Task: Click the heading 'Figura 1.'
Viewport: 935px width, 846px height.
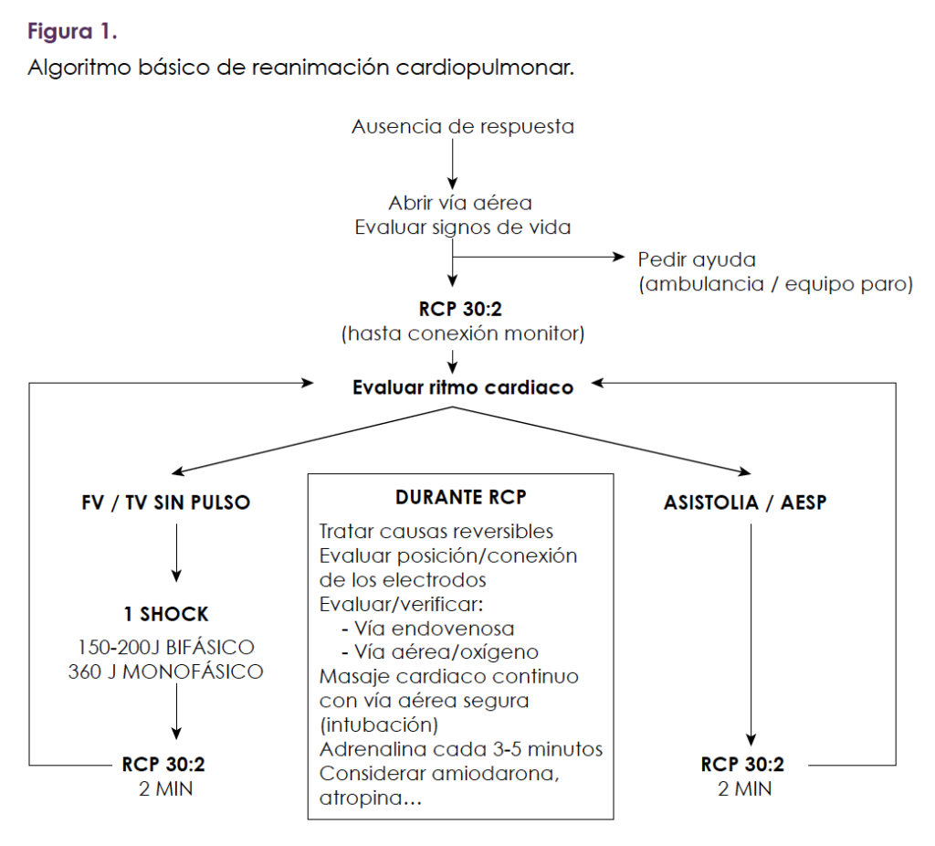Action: click(72, 31)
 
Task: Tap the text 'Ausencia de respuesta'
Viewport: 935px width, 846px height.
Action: click(463, 127)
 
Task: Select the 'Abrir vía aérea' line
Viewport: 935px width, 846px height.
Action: click(460, 203)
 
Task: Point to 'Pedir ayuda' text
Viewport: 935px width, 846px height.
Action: click(697, 260)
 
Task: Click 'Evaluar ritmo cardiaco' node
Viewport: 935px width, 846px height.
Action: click(463, 387)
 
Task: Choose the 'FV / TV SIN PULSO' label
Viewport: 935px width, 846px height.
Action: click(166, 502)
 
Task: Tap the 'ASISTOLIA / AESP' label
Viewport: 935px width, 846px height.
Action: click(745, 502)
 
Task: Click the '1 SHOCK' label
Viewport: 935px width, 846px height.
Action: click(166, 614)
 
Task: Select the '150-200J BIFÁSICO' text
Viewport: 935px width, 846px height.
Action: click(166, 648)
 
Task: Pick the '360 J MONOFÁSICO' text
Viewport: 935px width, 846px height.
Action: click(166, 672)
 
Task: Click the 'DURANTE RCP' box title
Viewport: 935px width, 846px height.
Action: click(461, 497)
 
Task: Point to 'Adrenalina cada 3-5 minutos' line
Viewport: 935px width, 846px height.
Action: click(461, 749)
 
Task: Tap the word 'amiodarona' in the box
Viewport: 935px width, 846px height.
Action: click(494, 774)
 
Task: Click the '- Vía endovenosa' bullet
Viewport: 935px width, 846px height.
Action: click(427, 629)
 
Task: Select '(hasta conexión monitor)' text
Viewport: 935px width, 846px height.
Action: click(463, 333)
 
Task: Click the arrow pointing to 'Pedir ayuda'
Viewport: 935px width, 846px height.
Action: click(539, 257)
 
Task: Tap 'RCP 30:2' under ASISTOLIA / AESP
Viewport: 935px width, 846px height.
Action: click(742, 765)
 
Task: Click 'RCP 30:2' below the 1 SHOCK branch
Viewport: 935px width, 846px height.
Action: click(163, 765)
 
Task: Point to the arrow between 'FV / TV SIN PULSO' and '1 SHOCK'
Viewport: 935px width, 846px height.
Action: click(176, 553)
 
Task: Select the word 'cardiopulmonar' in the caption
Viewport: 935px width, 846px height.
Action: click(485, 68)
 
